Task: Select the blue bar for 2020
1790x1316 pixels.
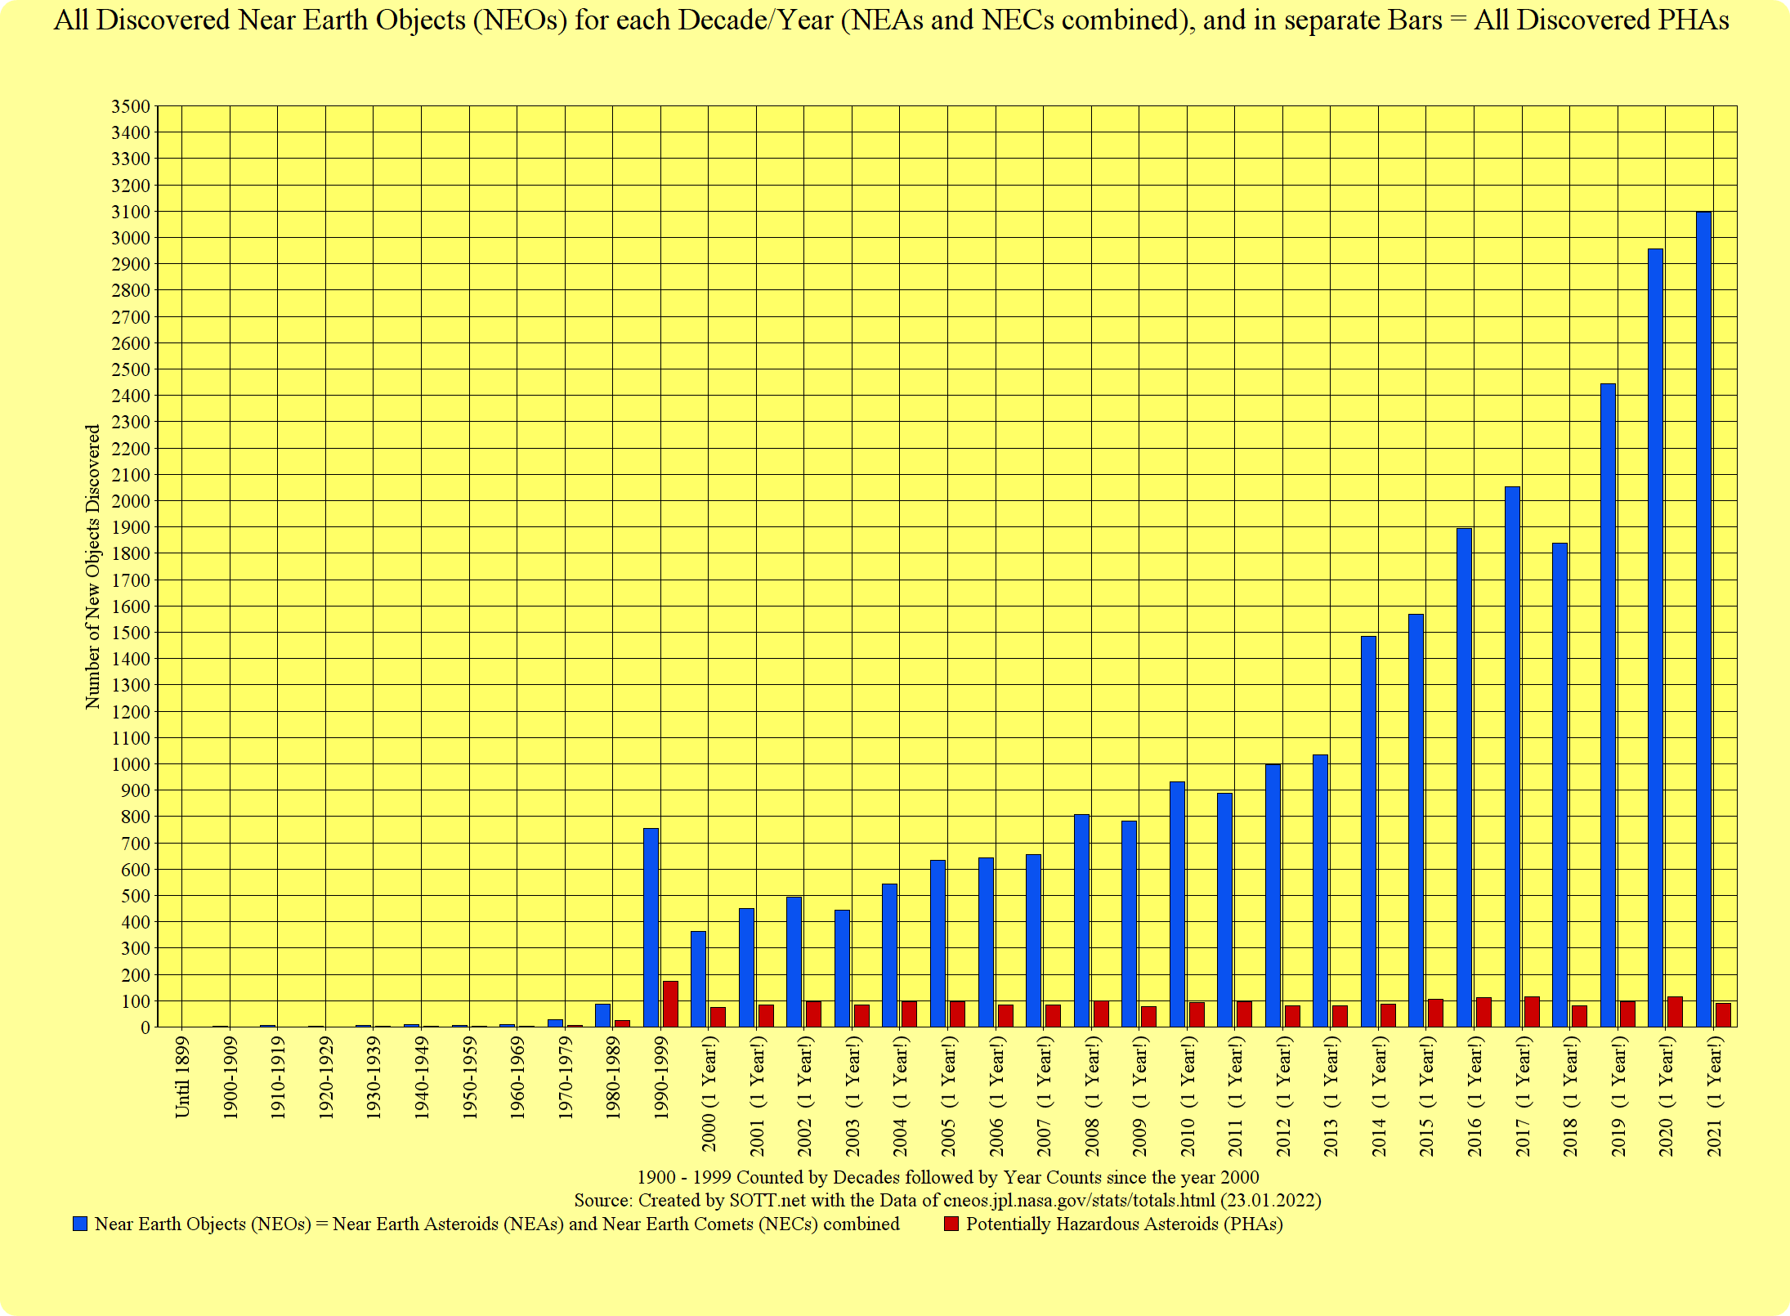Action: pos(1655,638)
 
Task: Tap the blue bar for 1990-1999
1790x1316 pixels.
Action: pos(651,927)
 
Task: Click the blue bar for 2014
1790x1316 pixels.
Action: pos(1368,830)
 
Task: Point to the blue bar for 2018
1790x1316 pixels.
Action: pos(1560,785)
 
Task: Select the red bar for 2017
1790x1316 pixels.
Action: pos(1532,1012)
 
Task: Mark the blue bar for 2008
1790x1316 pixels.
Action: pos(1081,920)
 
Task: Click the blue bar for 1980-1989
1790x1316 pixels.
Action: pos(602,1015)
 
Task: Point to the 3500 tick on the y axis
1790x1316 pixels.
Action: pos(130,106)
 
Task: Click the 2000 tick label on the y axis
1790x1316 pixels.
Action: pos(130,501)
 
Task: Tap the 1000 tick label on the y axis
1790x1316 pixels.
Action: pos(130,764)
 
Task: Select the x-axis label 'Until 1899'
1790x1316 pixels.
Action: pos(182,1077)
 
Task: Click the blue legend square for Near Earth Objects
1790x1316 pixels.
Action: pos(80,1224)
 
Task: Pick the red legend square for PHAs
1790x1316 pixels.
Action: pos(951,1224)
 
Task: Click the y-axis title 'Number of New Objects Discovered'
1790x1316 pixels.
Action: pos(92,566)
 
